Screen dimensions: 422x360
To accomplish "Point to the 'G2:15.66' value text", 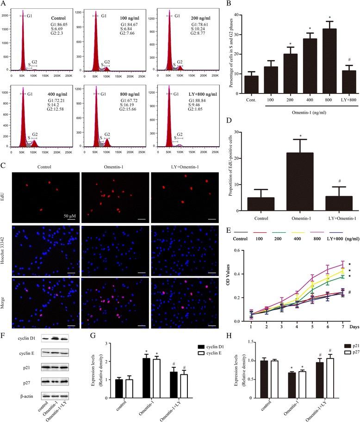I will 131,109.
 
